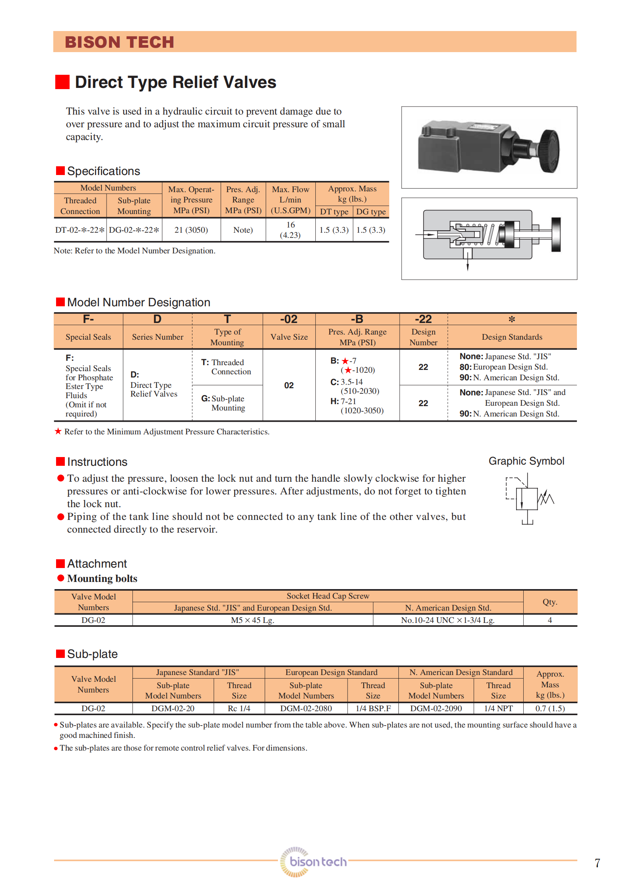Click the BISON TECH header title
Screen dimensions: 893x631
(x=119, y=42)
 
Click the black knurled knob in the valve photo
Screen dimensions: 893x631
(x=549, y=151)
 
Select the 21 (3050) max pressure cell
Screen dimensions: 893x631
(x=191, y=230)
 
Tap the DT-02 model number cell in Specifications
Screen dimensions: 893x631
(x=80, y=230)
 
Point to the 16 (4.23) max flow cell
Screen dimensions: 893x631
(x=291, y=230)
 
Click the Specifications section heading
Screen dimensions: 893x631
(x=103, y=171)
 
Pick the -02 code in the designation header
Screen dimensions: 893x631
(x=289, y=319)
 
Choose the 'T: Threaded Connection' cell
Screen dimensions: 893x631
(x=227, y=367)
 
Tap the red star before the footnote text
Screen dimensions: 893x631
(x=58, y=431)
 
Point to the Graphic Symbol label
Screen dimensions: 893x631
(x=526, y=461)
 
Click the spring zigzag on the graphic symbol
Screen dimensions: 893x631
(x=546, y=497)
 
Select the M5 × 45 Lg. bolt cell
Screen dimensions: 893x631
(x=252, y=620)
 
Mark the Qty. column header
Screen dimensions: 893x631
(x=550, y=602)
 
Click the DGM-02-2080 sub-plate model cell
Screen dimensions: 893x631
(x=306, y=708)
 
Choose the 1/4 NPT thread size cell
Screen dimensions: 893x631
(x=498, y=708)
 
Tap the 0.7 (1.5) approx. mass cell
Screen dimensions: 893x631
(x=550, y=708)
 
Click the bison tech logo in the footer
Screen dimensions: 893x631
(x=314, y=862)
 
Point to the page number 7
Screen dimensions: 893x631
(x=597, y=863)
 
